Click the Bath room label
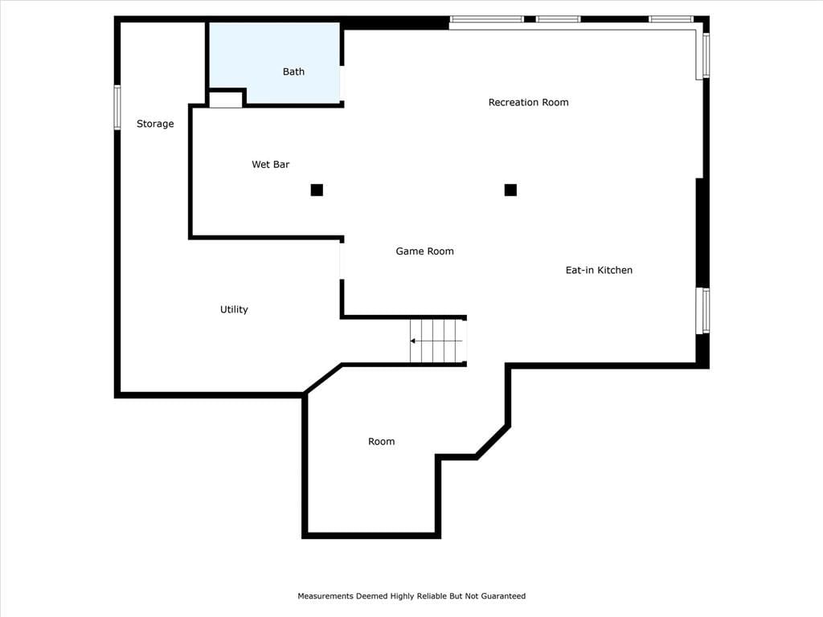pyautogui.click(x=293, y=72)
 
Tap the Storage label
pyautogui.click(x=155, y=124)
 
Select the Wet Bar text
pyautogui.click(x=270, y=164)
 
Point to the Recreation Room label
pyautogui.click(x=528, y=102)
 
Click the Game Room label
pyautogui.click(x=424, y=251)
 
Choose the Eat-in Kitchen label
pyautogui.click(x=599, y=270)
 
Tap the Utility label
pyautogui.click(x=234, y=309)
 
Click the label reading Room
pyautogui.click(x=381, y=442)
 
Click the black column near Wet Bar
pyautogui.click(x=317, y=190)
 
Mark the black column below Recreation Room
pyautogui.click(x=510, y=190)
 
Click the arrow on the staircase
pyautogui.click(x=436, y=341)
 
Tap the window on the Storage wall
pyautogui.click(x=117, y=107)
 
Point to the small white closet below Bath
pyautogui.click(x=226, y=100)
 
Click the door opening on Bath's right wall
pyautogui.click(x=342, y=83)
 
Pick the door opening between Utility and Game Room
pyautogui.click(x=342, y=261)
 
